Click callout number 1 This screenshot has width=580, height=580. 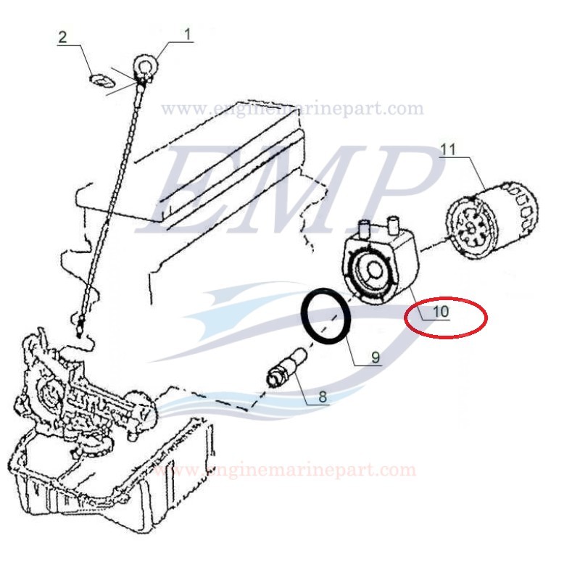[188, 34]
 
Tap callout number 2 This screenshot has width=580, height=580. [63, 37]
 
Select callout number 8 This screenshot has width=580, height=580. [323, 397]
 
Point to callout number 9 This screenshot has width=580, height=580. [376, 357]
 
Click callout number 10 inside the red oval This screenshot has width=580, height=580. [441, 312]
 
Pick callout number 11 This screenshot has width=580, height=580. [448, 150]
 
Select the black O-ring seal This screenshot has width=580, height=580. [326, 315]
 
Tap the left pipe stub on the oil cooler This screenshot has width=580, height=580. [365, 228]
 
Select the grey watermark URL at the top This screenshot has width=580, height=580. [292, 108]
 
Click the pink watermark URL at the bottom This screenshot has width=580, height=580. [284, 470]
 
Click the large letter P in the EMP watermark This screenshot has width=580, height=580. [397, 188]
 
